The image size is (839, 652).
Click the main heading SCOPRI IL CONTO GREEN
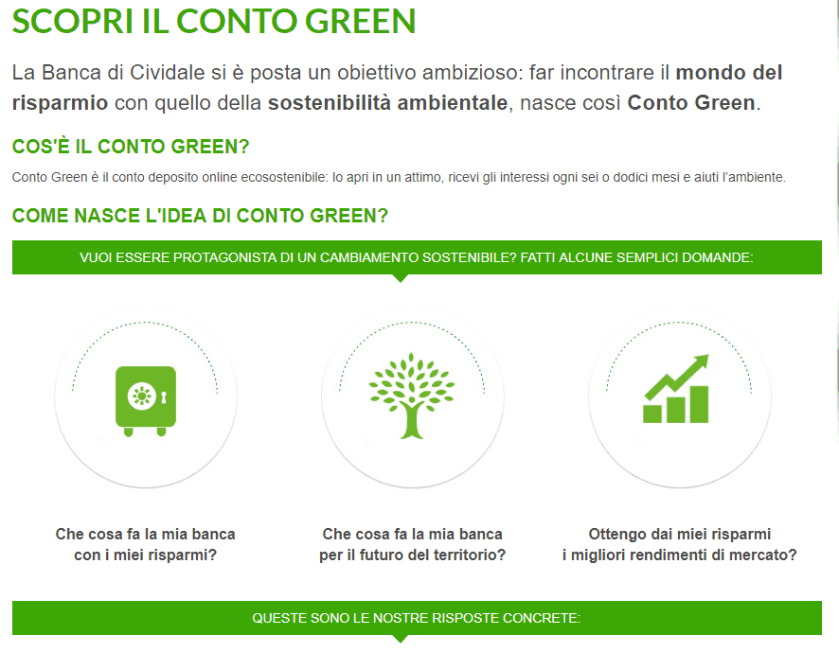click(x=213, y=22)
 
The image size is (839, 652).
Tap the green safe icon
click(x=145, y=397)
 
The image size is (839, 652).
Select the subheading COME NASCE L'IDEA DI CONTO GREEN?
click(x=200, y=216)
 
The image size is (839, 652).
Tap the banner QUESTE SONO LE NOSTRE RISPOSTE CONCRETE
click(x=417, y=618)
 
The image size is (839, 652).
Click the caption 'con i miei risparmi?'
click(x=145, y=555)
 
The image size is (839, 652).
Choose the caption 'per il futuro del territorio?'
click(x=412, y=555)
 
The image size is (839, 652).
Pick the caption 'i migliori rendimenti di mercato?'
click(x=679, y=555)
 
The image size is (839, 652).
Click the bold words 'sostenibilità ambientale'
click(x=387, y=102)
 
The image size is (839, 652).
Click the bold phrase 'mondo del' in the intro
click(x=729, y=73)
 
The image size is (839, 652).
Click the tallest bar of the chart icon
click(x=699, y=403)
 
